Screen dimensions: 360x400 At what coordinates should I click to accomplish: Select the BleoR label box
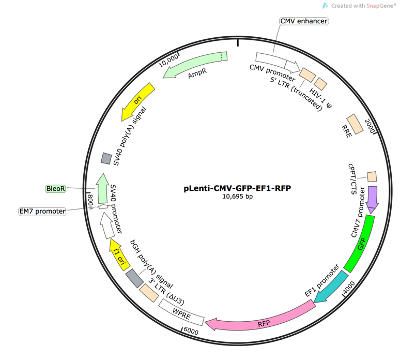coord(57,188)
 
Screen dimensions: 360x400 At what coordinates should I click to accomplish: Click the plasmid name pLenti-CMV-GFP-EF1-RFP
coord(239,187)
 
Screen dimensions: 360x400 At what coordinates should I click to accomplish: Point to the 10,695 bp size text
coord(239,197)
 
